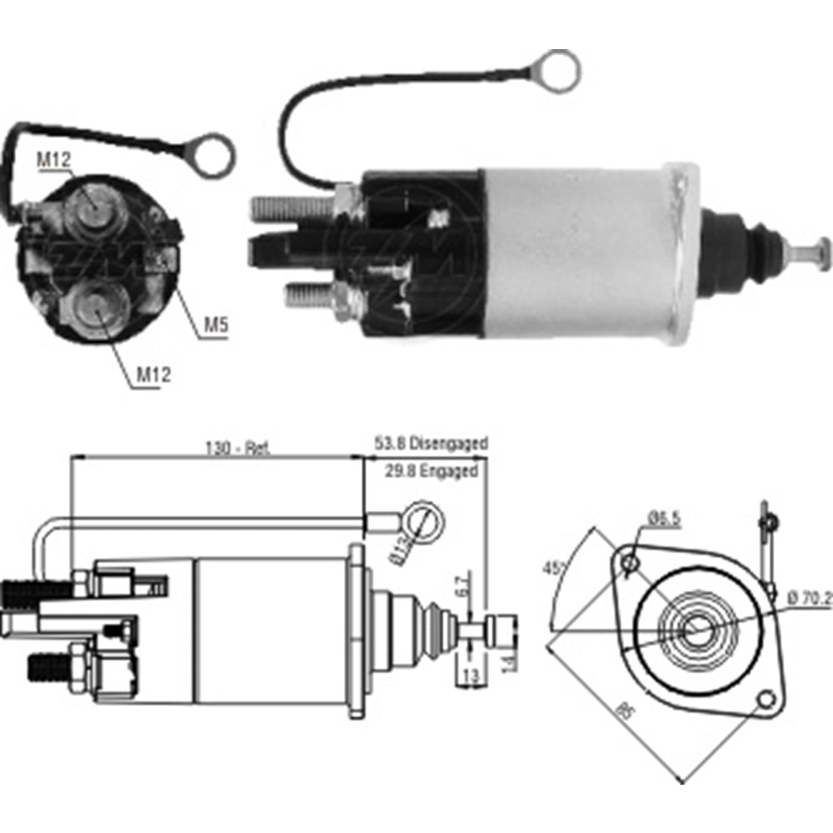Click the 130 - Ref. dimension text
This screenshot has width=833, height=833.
pyautogui.click(x=236, y=446)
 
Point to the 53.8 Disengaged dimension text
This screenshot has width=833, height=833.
pyautogui.click(x=431, y=443)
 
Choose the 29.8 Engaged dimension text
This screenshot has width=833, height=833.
pyautogui.click(x=431, y=471)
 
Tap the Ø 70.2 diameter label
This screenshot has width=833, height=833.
pyautogui.click(x=808, y=596)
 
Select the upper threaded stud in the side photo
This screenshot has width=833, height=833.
pyautogui.click(x=287, y=206)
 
